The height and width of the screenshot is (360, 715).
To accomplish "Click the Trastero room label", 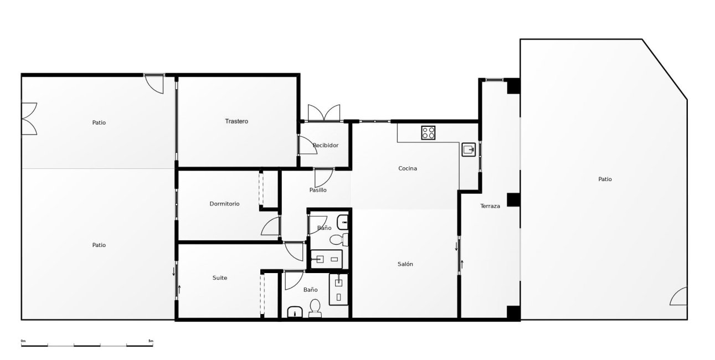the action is [x=236, y=121].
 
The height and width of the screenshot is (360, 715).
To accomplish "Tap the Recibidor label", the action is [x=326, y=145].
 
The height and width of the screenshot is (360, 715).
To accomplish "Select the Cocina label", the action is [x=408, y=168].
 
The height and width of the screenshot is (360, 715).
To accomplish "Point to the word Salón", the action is [x=405, y=264].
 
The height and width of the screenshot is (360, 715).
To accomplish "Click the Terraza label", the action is [x=490, y=206].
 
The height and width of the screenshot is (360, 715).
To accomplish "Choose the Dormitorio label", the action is [x=224, y=204].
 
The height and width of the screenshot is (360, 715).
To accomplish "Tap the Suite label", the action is [x=220, y=277].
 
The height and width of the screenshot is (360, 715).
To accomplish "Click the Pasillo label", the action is [x=318, y=190].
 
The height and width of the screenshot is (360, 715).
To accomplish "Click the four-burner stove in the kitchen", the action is [x=428, y=133].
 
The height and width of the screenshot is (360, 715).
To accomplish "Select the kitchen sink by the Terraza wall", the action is [x=469, y=150].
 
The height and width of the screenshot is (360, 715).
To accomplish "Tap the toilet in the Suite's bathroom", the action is [x=315, y=308].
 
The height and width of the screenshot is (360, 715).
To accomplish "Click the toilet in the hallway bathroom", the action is [x=338, y=239].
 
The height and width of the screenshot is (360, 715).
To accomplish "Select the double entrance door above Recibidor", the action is [x=324, y=112].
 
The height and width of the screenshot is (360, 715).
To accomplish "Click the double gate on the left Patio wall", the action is [x=29, y=119].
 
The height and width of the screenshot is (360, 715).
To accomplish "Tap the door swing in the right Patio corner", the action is [x=678, y=296].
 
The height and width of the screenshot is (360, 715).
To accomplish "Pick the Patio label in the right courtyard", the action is [x=605, y=179].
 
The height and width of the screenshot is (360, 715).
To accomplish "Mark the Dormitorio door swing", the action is [x=270, y=227].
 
